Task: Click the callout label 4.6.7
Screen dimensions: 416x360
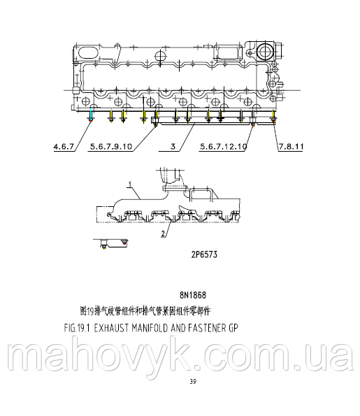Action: tap(64, 148)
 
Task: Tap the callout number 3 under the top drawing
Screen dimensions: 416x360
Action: tap(171, 148)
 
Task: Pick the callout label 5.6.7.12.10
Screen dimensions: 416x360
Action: tap(223, 148)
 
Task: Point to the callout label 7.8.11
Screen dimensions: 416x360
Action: tap(291, 148)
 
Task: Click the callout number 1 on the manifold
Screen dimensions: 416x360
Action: tap(129, 185)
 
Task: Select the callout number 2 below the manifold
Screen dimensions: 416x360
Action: tap(164, 232)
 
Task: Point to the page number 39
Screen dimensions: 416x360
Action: tap(193, 381)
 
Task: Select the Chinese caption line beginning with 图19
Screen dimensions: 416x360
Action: tap(145, 309)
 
